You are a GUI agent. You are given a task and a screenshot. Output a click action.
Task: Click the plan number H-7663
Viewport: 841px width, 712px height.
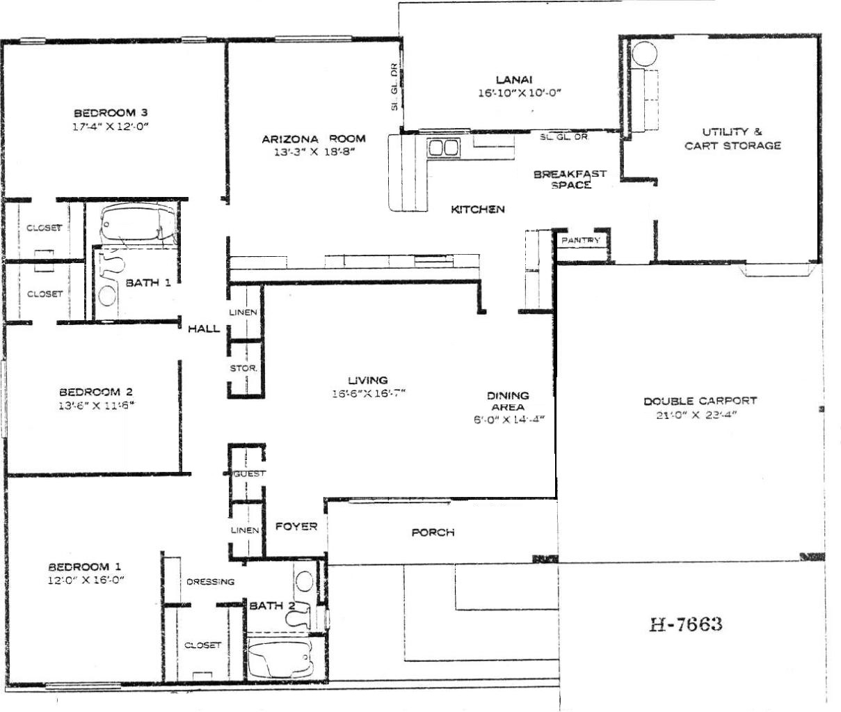686,624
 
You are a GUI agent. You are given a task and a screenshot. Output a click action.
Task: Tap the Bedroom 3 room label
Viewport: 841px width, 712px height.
111,113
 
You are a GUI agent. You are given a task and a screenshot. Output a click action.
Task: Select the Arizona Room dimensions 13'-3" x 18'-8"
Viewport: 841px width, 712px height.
314,152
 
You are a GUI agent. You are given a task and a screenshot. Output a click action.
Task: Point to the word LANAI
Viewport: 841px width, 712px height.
514,80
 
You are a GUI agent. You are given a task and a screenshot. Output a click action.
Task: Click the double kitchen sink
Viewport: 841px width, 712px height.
444,148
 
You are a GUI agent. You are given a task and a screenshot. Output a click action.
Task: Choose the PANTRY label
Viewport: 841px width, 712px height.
581,240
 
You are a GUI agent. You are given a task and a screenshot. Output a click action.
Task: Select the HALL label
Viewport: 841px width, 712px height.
203,329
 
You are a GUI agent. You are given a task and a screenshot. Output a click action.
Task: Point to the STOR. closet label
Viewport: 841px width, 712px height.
243,368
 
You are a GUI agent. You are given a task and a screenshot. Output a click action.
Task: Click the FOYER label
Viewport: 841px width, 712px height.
296,526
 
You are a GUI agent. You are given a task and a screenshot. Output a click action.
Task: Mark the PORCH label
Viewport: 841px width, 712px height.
433,532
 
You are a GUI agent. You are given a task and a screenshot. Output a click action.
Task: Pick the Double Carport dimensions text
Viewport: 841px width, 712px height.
696,415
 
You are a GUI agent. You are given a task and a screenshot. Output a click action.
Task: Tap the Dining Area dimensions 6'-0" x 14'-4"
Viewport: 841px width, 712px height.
509,419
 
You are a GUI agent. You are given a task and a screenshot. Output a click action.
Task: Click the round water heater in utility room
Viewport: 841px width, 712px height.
644,54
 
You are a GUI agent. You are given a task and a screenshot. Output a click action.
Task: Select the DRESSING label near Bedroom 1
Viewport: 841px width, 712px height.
210,582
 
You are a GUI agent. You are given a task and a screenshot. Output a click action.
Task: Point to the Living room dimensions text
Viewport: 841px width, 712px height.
369,393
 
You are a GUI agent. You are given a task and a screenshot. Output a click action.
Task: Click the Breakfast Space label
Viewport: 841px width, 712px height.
570,179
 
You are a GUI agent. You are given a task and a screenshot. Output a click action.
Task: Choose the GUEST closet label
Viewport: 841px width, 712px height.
249,474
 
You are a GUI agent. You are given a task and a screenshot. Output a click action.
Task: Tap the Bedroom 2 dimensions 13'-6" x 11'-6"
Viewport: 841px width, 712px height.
97,406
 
